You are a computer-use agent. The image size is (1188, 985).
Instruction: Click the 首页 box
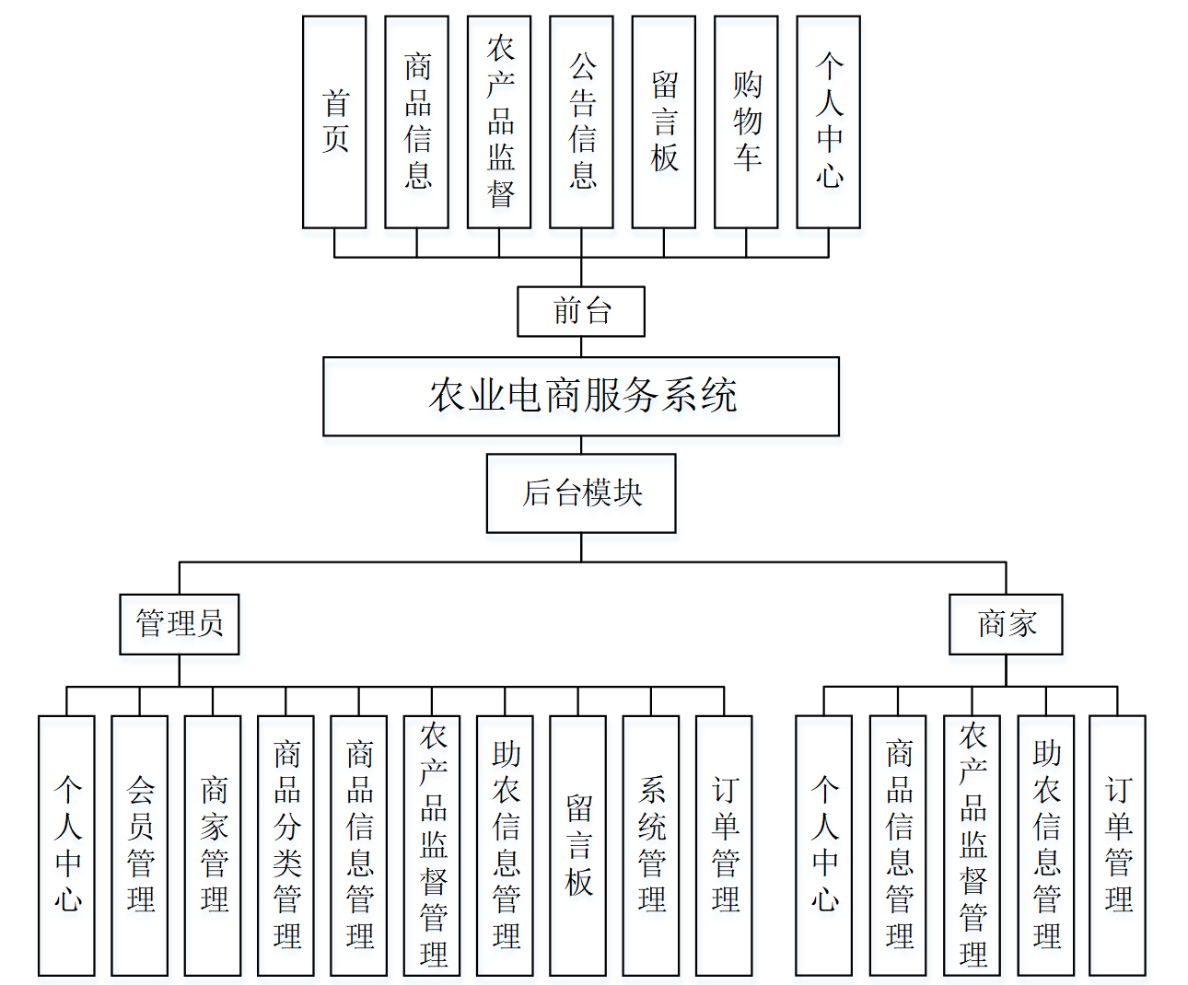(x=334, y=122)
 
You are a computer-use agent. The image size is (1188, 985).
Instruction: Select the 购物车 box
(x=746, y=122)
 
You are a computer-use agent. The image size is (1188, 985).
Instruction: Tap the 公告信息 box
(x=581, y=122)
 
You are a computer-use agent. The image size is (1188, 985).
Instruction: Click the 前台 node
(x=581, y=311)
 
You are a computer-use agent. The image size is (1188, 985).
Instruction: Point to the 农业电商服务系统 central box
(x=581, y=396)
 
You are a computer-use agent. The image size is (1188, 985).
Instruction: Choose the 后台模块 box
(x=581, y=492)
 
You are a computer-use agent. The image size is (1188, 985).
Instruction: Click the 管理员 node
(x=180, y=624)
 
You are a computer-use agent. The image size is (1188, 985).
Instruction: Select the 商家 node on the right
(x=1006, y=624)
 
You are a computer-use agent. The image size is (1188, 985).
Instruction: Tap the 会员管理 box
(x=140, y=845)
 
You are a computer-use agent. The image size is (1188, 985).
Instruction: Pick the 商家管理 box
(x=213, y=845)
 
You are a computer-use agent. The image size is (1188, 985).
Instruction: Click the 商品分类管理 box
(x=285, y=845)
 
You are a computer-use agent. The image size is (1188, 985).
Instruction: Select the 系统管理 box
(x=651, y=845)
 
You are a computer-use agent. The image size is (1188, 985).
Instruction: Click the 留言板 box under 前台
(x=664, y=122)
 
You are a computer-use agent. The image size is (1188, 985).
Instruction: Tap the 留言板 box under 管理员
(x=578, y=845)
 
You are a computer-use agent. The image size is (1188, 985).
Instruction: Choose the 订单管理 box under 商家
(x=1118, y=845)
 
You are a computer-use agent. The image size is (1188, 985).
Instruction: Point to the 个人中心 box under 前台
(x=829, y=122)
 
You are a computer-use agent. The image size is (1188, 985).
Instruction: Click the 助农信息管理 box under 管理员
(x=505, y=845)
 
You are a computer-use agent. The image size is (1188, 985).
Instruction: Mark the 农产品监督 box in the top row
(x=499, y=122)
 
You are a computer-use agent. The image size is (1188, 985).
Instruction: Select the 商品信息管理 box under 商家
(x=898, y=845)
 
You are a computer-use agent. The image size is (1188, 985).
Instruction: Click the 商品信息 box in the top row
(x=417, y=122)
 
